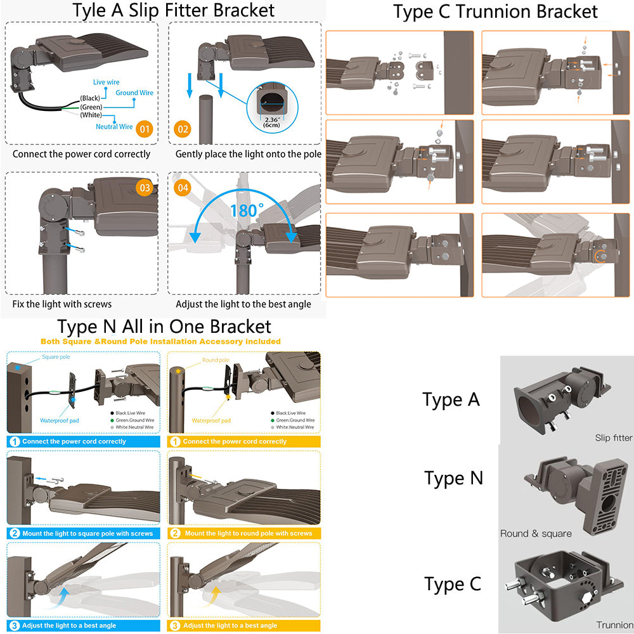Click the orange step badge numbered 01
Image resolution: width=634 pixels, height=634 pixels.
tap(145, 129)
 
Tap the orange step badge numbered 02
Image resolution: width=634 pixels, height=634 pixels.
tap(183, 129)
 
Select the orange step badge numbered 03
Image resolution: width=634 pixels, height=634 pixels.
tap(145, 188)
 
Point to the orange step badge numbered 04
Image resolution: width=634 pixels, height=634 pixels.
tap(183, 188)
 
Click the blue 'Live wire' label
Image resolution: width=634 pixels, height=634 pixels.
tap(106, 82)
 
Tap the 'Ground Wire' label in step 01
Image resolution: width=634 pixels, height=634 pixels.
tap(134, 93)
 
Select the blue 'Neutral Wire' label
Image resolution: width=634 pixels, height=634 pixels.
tap(114, 127)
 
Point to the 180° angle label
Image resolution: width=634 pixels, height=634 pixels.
tap(247, 210)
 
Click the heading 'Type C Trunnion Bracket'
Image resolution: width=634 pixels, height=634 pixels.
tap(495, 11)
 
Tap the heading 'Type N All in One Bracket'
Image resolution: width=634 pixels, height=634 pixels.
tap(164, 327)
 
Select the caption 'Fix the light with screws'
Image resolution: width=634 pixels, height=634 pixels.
tap(62, 304)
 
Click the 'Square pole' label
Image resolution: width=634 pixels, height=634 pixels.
tap(56, 357)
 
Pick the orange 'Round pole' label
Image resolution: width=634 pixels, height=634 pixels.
tap(216, 360)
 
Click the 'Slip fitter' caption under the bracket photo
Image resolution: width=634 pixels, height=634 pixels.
tap(614, 437)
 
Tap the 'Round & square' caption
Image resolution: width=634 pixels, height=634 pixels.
tap(536, 533)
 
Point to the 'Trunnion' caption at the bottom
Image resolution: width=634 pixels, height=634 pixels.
tap(614, 625)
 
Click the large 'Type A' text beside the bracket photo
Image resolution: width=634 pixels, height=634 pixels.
tap(451, 399)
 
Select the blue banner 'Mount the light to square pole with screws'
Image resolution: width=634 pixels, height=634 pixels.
tap(87, 533)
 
